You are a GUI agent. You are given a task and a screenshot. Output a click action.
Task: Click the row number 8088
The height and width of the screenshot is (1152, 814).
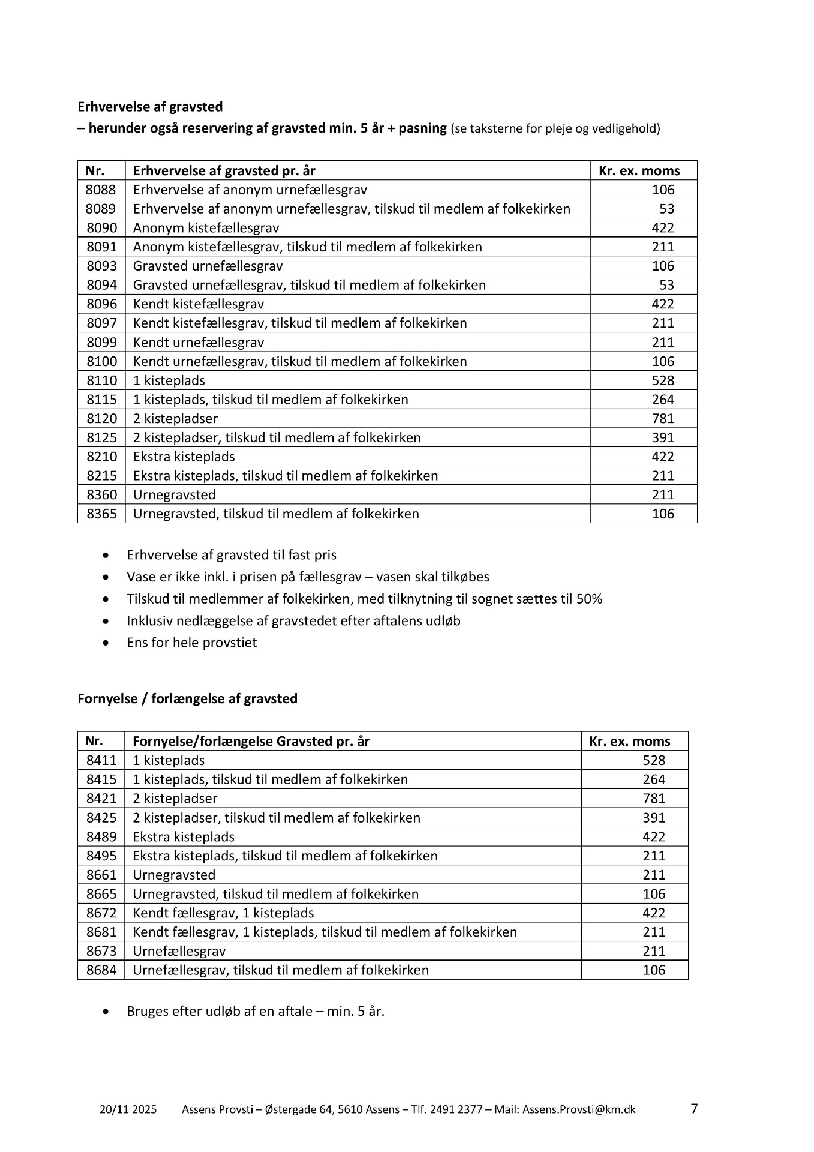pyautogui.click(x=101, y=190)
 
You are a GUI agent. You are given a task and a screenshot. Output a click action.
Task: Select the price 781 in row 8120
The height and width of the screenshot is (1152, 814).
pyautogui.click(x=663, y=419)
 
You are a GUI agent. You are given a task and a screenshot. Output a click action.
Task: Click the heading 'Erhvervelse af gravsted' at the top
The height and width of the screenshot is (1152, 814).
pyautogui.click(x=150, y=107)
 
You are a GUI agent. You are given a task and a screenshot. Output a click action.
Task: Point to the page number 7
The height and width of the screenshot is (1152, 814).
pyautogui.click(x=695, y=1108)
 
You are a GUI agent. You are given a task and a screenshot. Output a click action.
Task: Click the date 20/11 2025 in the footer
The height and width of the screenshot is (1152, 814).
pyautogui.click(x=128, y=1109)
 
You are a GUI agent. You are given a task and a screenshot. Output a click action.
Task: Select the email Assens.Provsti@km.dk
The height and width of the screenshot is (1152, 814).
pyautogui.click(x=579, y=1109)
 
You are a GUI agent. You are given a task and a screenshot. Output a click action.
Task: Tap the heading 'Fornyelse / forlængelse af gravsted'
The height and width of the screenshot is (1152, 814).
pyautogui.click(x=187, y=699)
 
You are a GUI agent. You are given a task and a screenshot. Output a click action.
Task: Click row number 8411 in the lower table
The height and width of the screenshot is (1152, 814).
pyautogui.click(x=101, y=761)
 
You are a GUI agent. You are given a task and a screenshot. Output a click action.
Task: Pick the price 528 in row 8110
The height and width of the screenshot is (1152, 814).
pyautogui.click(x=663, y=381)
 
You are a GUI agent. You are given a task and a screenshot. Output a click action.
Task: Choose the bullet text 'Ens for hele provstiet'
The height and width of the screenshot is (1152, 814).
pyautogui.click(x=191, y=643)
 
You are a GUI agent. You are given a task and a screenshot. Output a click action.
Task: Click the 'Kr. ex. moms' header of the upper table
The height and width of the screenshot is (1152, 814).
pyautogui.click(x=639, y=171)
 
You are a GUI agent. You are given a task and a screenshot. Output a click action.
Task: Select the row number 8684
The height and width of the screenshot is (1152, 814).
pyautogui.click(x=101, y=970)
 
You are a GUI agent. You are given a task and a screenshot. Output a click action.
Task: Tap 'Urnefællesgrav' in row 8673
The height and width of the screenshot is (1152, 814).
pyautogui.click(x=179, y=951)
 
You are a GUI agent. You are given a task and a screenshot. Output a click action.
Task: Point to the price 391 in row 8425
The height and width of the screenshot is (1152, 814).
pyautogui.click(x=654, y=818)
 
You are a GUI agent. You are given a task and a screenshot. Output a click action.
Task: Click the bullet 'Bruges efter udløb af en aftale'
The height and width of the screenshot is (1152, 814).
pyautogui.click(x=255, y=1011)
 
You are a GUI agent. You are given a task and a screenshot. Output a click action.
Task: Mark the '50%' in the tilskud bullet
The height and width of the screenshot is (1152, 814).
pyautogui.click(x=589, y=599)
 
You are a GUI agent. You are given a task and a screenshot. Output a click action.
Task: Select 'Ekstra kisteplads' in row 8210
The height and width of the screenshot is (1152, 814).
pyautogui.click(x=184, y=457)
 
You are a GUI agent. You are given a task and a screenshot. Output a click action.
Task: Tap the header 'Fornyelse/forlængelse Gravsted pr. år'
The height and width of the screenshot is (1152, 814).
pyautogui.click(x=251, y=742)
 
